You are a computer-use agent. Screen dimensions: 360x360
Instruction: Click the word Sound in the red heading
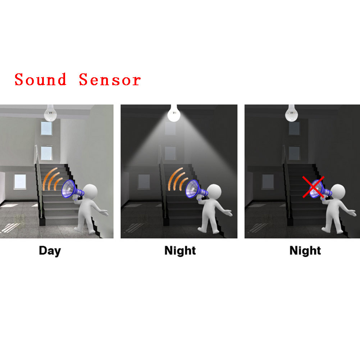click(x=40, y=79)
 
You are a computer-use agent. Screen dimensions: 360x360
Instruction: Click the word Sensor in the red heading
click(x=110, y=79)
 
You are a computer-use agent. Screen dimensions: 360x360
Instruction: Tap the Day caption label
click(x=50, y=251)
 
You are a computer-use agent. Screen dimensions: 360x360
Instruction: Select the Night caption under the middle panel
click(x=180, y=251)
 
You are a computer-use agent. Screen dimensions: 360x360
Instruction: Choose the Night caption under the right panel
click(x=305, y=251)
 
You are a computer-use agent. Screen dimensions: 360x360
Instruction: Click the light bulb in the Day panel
click(x=50, y=113)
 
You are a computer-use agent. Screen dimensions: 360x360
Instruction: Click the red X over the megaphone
click(x=313, y=187)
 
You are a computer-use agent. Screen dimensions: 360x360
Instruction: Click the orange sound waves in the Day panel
click(x=52, y=178)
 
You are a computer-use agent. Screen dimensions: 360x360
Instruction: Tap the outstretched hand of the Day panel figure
click(x=105, y=213)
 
